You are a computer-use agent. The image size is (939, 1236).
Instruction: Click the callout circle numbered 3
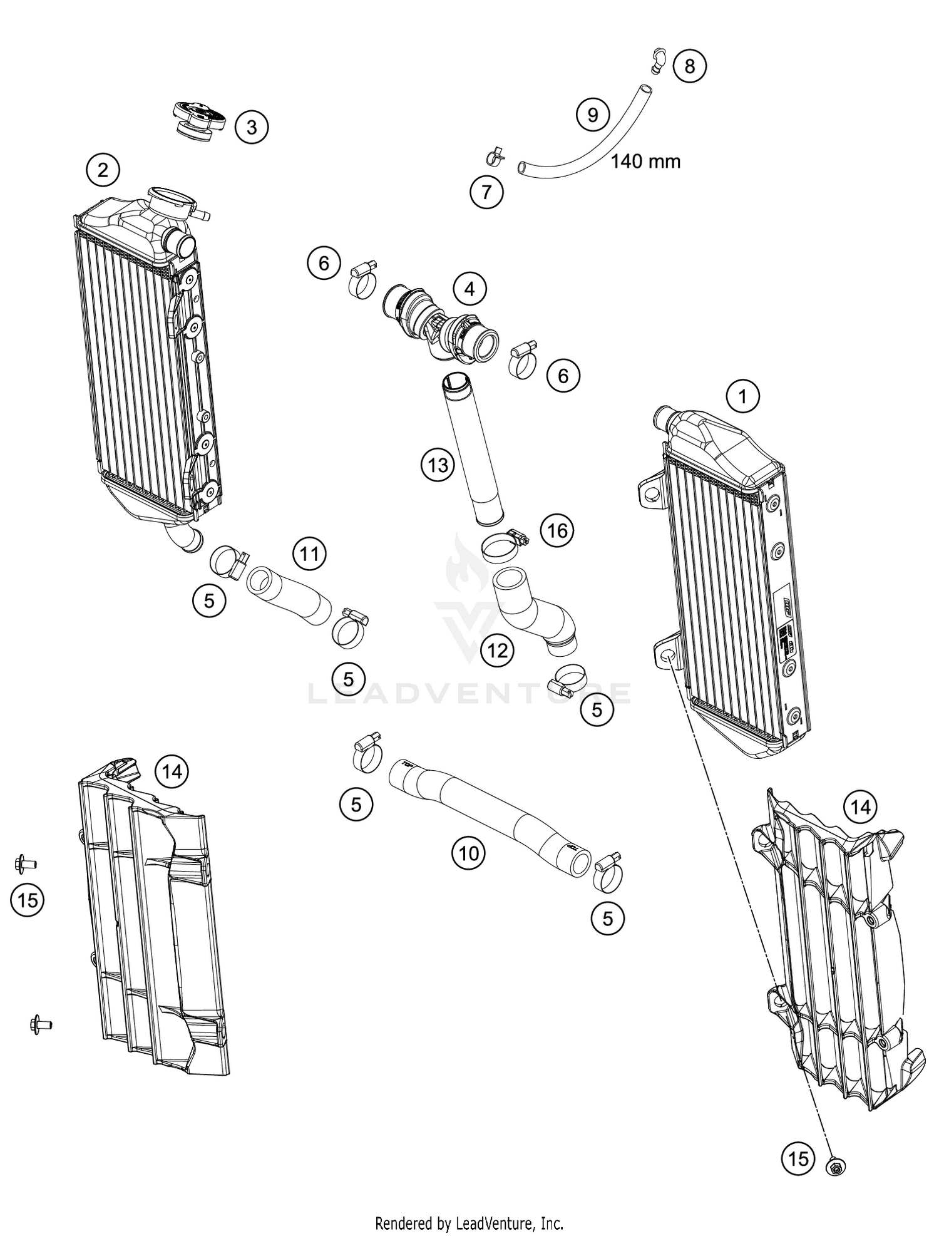(x=252, y=128)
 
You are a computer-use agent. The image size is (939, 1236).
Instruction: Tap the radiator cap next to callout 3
(x=197, y=120)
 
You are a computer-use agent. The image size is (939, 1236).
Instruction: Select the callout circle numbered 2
(x=103, y=170)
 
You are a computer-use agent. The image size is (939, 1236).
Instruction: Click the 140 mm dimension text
(x=645, y=162)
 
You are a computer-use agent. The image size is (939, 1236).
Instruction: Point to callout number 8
(x=690, y=66)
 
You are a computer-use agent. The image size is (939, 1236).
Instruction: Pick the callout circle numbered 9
(x=592, y=115)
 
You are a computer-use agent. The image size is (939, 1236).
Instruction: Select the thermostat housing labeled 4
(x=441, y=322)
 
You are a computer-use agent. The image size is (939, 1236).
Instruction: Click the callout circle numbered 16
(x=557, y=530)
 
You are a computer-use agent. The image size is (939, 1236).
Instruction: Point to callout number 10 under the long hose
(x=468, y=853)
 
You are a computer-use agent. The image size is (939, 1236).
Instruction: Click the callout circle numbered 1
(x=743, y=396)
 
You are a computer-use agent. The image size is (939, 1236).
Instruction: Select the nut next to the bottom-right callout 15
(x=835, y=1166)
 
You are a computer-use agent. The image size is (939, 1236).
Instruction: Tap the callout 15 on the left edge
(x=28, y=900)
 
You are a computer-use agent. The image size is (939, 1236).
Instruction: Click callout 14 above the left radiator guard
(x=172, y=771)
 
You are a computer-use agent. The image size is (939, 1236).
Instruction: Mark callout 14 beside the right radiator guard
(x=860, y=808)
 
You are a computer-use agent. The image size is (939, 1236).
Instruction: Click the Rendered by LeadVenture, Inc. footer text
(x=469, y=1222)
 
